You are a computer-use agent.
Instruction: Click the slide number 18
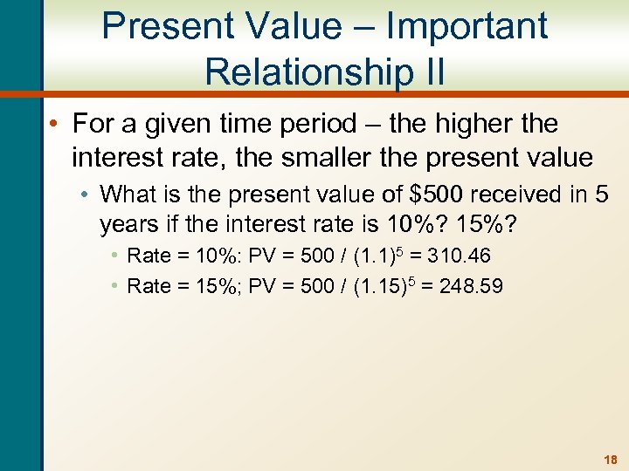tap(610, 459)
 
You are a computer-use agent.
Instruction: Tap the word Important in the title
tap(467, 25)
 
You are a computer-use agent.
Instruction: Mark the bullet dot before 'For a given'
tap(55, 125)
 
